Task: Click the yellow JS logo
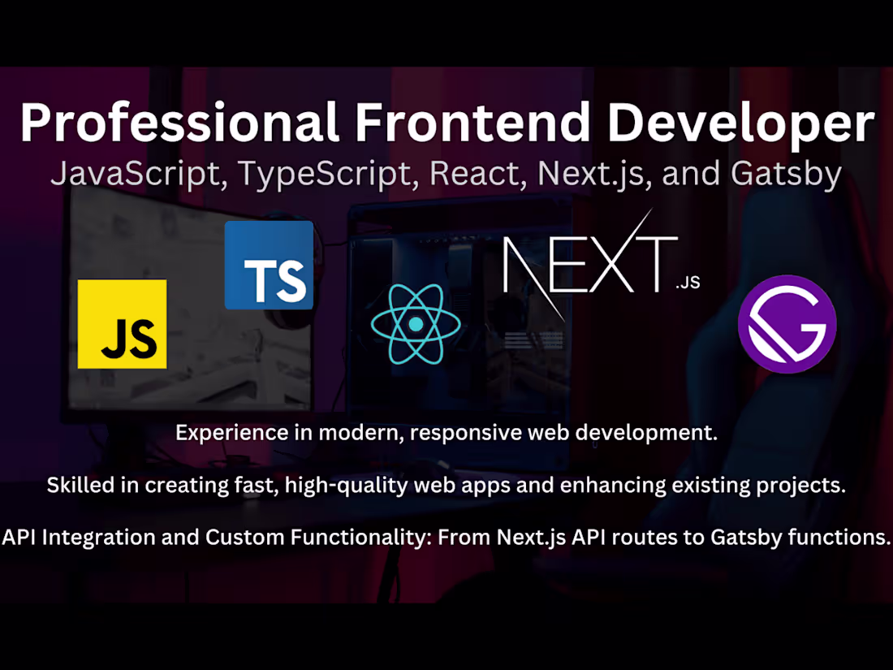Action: (x=122, y=323)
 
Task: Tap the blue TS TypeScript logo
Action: (x=269, y=265)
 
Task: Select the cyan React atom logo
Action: (x=416, y=323)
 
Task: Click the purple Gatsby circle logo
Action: (x=787, y=323)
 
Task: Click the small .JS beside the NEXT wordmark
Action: (x=687, y=283)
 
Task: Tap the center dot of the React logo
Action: (x=416, y=323)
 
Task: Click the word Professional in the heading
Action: (x=179, y=124)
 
